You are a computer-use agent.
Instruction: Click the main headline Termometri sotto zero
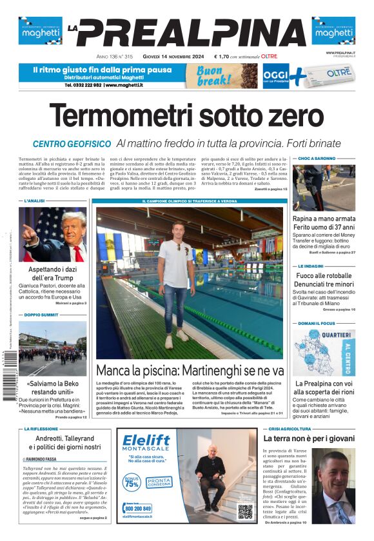point(186,116)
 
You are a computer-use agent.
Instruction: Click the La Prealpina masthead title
point(187,32)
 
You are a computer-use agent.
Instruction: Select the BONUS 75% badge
point(131,482)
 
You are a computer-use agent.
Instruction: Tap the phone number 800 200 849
point(137,509)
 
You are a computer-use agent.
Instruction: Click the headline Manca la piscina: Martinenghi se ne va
point(190,371)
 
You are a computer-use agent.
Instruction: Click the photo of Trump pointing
point(52,234)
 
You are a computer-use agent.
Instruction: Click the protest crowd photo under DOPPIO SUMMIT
point(52,349)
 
